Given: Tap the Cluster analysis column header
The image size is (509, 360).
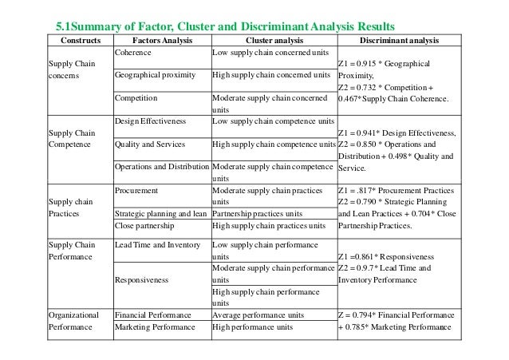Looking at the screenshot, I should click(x=272, y=39).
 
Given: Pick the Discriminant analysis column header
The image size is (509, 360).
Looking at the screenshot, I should click(x=396, y=39).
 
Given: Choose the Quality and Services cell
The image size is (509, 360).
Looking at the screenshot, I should click(x=150, y=144).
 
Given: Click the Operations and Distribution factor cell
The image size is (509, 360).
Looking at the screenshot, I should click(x=162, y=168).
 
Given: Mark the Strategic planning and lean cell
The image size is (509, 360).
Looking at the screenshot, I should click(x=162, y=213).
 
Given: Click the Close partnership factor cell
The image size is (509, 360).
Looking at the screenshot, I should click(x=146, y=225).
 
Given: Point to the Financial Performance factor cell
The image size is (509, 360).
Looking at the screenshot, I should click(x=155, y=315).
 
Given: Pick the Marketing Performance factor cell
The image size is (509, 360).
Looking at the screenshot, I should click(x=155, y=327).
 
